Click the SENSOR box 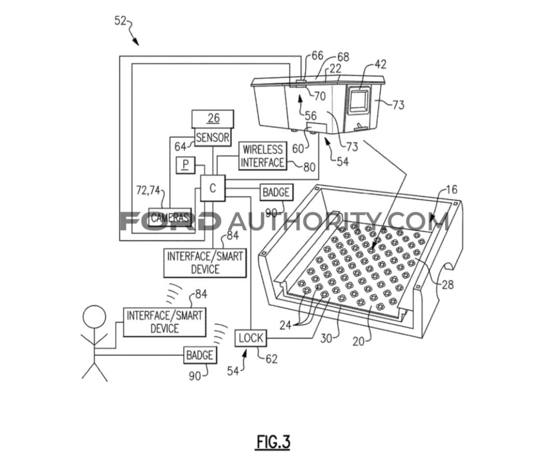pyautogui.click(x=213, y=137)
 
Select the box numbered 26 pyautogui.click(x=213, y=119)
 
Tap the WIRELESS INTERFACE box pyautogui.click(x=262, y=156)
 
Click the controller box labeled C pyautogui.click(x=213, y=188)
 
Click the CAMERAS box pyautogui.click(x=170, y=217)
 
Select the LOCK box pyautogui.click(x=251, y=338)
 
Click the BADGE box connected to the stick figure pyautogui.click(x=200, y=355)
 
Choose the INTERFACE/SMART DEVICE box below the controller pyautogui.click(x=205, y=262)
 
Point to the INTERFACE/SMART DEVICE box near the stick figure pyautogui.click(x=164, y=322)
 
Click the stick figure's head pyautogui.click(x=94, y=316)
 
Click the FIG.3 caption pyautogui.click(x=272, y=442)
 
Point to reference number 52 pyautogui.click(x=121, y=21)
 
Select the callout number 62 pyautogui.click(x=272, y=359)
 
